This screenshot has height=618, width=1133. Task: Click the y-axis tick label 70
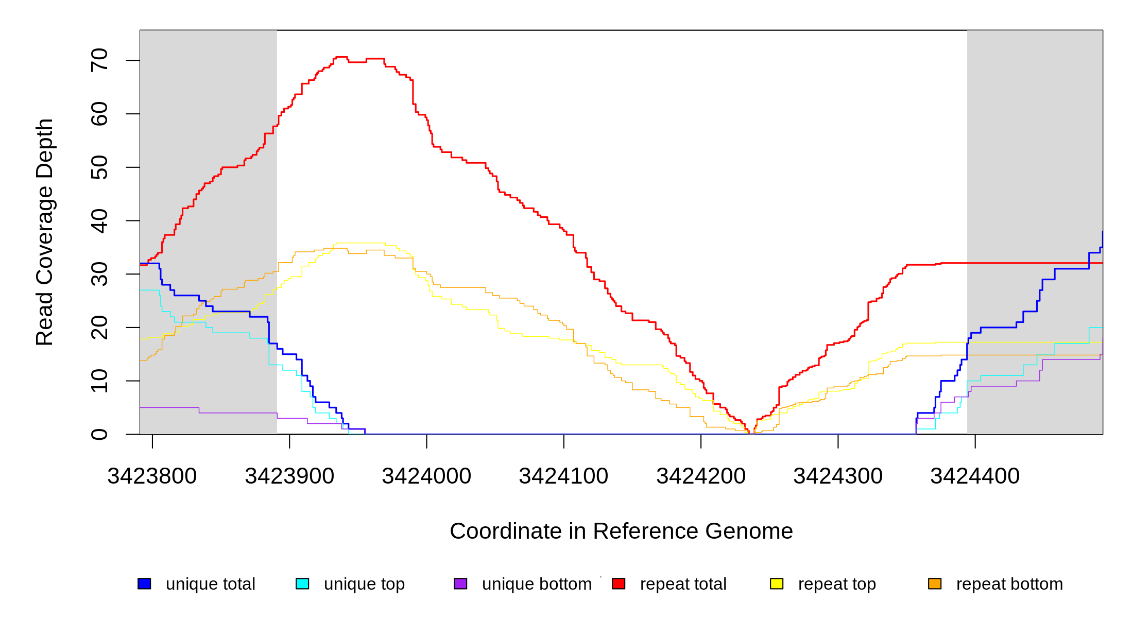(x=99, y=60)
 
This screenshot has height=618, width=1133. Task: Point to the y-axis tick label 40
(x=99, y=221)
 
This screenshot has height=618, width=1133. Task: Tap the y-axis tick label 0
(x=99, y=434)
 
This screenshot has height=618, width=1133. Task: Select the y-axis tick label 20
(x=99, y=328)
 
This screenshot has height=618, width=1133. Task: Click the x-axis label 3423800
(x=152, y=476)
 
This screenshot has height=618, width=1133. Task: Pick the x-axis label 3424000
(x=426, y=476)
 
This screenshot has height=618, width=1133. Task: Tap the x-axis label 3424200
(x=701, y=476)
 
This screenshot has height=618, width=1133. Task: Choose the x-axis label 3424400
(x=975, y=476)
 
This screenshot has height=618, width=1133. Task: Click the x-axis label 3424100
(x=563, y=476)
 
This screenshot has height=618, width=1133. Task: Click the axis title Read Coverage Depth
(x=45, y=232)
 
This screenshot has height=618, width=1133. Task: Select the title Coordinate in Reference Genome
(x=621, y=531)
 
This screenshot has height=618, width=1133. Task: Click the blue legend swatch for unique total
(x=144, y=583)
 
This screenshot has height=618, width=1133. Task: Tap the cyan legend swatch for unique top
(x=302, y=583)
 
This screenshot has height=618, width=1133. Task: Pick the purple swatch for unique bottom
(x=460, y=583)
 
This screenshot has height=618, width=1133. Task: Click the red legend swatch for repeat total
(x=619, y=583)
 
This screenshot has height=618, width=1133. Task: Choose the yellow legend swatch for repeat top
(x=777, y=583)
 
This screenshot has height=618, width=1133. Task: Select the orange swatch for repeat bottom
(x=935, y=583)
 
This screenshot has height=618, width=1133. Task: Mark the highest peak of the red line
(x=341, y=57)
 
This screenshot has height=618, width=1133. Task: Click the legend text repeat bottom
(x=1009, y=584)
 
